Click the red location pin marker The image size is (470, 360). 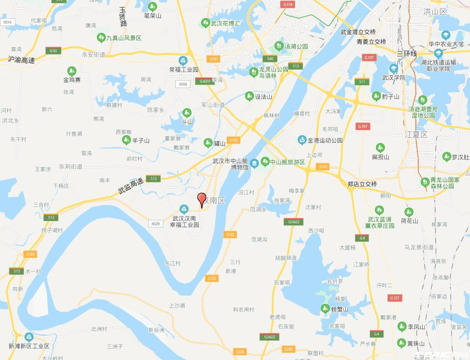point(201,199)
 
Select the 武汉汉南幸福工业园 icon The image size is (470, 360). point(184,209)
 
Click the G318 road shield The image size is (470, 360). point(288,4)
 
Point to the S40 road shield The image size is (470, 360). point(270,58)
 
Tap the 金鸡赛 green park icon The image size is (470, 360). point(72,70)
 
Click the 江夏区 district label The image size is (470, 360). point(416,134)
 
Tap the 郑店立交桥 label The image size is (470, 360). point(362,184)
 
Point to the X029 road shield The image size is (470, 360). point(156,224)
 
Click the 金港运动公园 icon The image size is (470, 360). point(302,140)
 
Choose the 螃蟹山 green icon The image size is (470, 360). point(325,309)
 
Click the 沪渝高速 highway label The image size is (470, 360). point(21,60)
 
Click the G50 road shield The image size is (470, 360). point(53,51)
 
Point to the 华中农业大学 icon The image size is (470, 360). point(446,35)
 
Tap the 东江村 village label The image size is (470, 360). point(173,263)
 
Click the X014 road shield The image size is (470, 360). point(7,22)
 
